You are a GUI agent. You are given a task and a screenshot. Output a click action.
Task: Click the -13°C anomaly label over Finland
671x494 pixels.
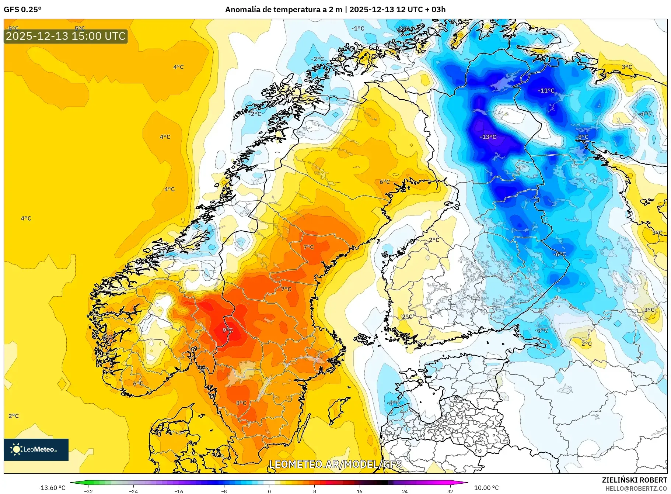click(x=488, y=137)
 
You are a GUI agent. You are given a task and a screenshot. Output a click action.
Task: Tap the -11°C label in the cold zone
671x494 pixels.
click(x=546, y=90)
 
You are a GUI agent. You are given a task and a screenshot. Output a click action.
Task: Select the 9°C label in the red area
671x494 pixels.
click(x=228, y=330)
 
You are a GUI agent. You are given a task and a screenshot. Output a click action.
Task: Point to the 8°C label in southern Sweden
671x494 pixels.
click(x=241, y=403)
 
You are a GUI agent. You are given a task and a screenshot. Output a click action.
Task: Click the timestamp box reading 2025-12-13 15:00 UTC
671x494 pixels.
click(x=66, y=36)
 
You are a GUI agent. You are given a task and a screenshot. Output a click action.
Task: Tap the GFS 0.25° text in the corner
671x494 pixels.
click(x=22, y=10)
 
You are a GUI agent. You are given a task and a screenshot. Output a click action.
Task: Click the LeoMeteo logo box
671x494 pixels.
click(x=36, y=449)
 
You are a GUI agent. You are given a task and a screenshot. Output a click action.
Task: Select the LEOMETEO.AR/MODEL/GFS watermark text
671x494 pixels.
click(x=335, y=464)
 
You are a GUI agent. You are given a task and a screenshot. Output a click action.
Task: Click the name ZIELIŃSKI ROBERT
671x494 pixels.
click(x=634, y=480)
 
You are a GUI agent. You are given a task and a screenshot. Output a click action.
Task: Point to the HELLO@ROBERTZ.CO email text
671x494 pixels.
click(x=636, y=488)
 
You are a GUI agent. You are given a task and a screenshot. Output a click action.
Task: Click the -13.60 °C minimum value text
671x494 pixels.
click(x=52, y=488)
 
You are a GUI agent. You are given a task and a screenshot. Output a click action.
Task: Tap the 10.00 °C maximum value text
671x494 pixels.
click(x=486, y=488)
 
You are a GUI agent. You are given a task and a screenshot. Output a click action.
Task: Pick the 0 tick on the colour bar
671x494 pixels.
click(x=269, y=491)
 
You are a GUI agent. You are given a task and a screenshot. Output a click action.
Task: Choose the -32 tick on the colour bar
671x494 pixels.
click(x=88, y=491)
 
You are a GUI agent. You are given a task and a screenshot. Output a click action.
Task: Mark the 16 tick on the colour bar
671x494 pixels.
click(x=359, y=491)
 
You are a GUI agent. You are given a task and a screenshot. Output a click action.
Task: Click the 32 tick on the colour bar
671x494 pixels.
click(x=450, y=491)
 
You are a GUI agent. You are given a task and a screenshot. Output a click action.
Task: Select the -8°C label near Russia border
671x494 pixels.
click(x=582, y=137)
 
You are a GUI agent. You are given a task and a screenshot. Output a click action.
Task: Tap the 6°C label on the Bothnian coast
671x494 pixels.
click(x=384, y=182)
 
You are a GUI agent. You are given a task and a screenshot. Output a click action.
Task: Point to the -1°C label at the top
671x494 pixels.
click(x=357, y=28)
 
